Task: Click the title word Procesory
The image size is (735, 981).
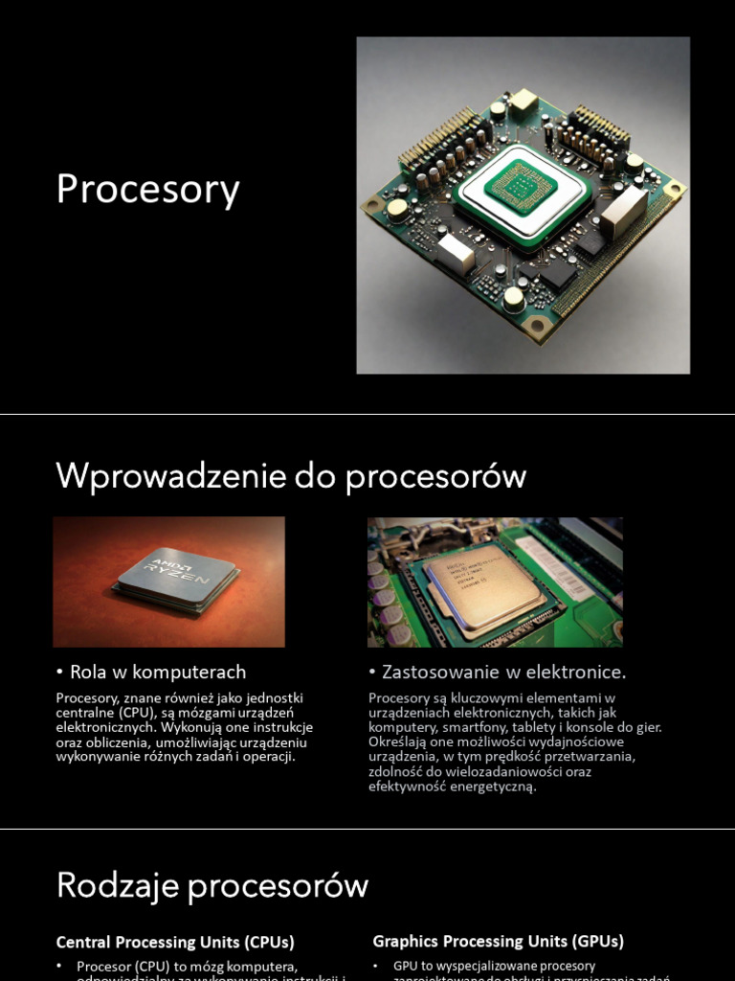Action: [147, 189]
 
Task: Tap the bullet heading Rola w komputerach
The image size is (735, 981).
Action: [157, 672]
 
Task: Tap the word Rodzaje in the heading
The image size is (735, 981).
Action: [118, 884]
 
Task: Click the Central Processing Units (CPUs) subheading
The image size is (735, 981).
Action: [175, 942]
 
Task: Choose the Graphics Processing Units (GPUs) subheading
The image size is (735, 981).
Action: [498, 942]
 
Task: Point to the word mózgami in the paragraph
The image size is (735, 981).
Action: [212, 713]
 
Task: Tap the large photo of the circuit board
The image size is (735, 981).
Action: [523, 205]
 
